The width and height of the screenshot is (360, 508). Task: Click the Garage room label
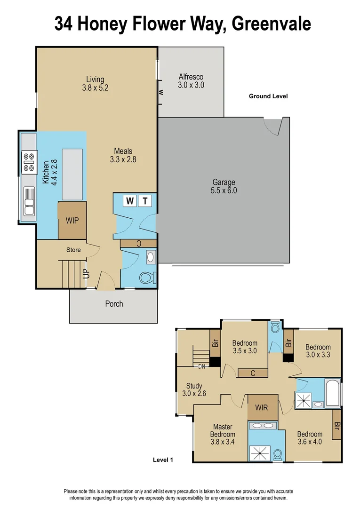tap(224, 186)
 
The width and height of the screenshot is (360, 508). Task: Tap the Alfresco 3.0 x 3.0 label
tap(191, 81)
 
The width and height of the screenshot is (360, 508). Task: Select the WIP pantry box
tap(72, 220)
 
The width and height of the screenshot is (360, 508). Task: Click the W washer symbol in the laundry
tap(130, 201)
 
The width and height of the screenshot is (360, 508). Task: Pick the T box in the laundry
tap(145, 201)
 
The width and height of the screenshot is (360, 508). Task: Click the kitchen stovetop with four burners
tap(29, 161)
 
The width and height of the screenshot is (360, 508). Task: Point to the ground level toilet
tap(148, 277)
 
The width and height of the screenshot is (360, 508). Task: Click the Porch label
tap(114, 304)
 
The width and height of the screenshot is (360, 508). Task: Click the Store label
tap(73, 250)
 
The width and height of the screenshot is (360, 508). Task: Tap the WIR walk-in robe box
tap(262, 407)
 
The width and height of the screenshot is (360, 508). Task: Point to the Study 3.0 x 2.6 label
tap(194, 390)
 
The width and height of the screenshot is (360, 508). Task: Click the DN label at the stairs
tap(201, 366)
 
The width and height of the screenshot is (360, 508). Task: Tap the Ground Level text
tap(268, 96)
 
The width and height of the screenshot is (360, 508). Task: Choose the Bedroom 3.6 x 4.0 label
tap(310, 438)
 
